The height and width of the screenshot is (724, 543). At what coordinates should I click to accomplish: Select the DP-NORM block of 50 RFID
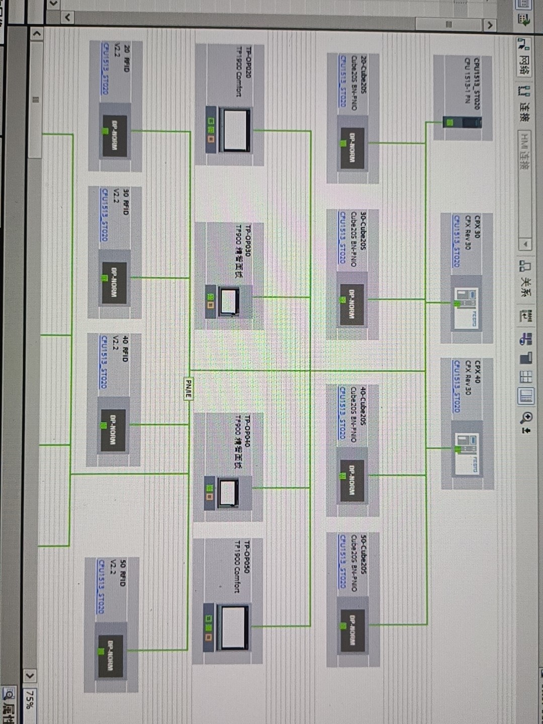pos(110,656)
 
